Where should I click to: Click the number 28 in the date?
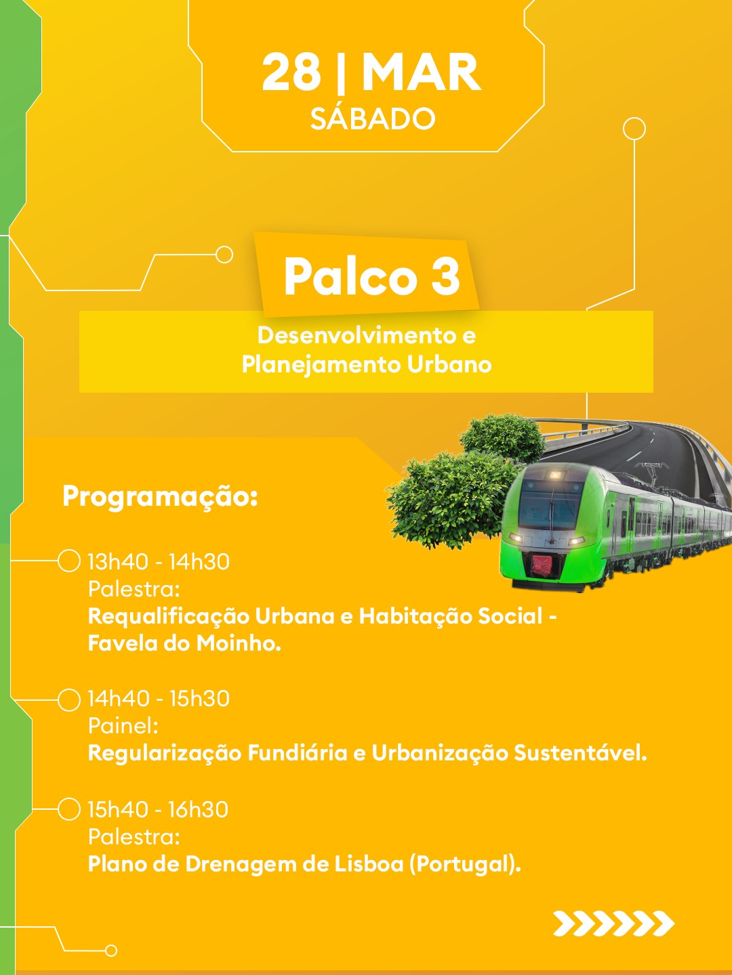291,72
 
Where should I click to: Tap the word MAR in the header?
422,72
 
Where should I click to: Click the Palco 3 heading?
371,276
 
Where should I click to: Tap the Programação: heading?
160,497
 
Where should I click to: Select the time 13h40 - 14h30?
159,561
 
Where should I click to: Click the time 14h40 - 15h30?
159,698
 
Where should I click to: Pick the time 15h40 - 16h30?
158,809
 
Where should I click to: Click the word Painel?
123,726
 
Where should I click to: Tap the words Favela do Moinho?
184,643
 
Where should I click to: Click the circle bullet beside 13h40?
69,561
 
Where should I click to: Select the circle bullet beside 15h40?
69,809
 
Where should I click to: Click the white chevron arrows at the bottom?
614,924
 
